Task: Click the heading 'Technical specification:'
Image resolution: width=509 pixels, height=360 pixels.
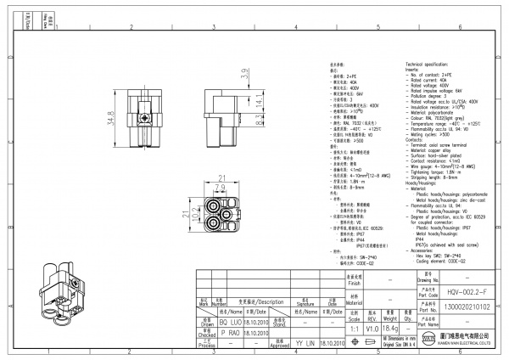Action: click(433, 65)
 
